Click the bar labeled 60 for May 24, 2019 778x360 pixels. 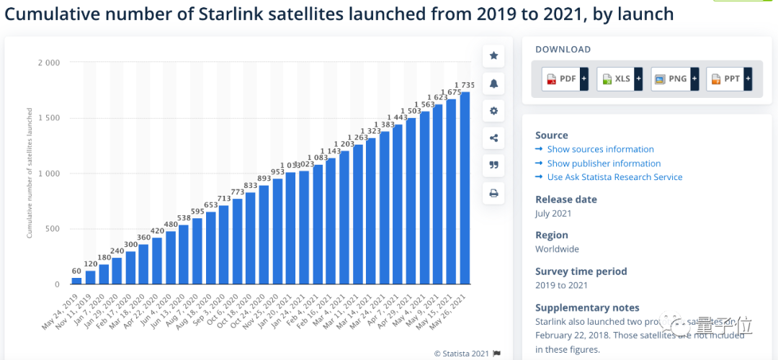[x=77, y=281]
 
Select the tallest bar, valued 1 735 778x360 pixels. [x=465, y=188]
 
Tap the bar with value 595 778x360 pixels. [x=197, y=251]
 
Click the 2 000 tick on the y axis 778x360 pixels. [x=49, y=63]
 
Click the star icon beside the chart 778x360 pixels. [x=493, y=55]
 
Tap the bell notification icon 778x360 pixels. [x=493, y=84]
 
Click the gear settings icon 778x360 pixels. [x=493, y=111]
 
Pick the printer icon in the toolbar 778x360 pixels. [x=493, y=193]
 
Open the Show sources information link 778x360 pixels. [x=600, y=149]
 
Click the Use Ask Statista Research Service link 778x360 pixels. [x=614, y=177]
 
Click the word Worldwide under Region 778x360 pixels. [x=557, y=249]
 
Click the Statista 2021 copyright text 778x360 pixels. [x=461, y=353]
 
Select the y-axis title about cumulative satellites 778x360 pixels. [x=30, y=173]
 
